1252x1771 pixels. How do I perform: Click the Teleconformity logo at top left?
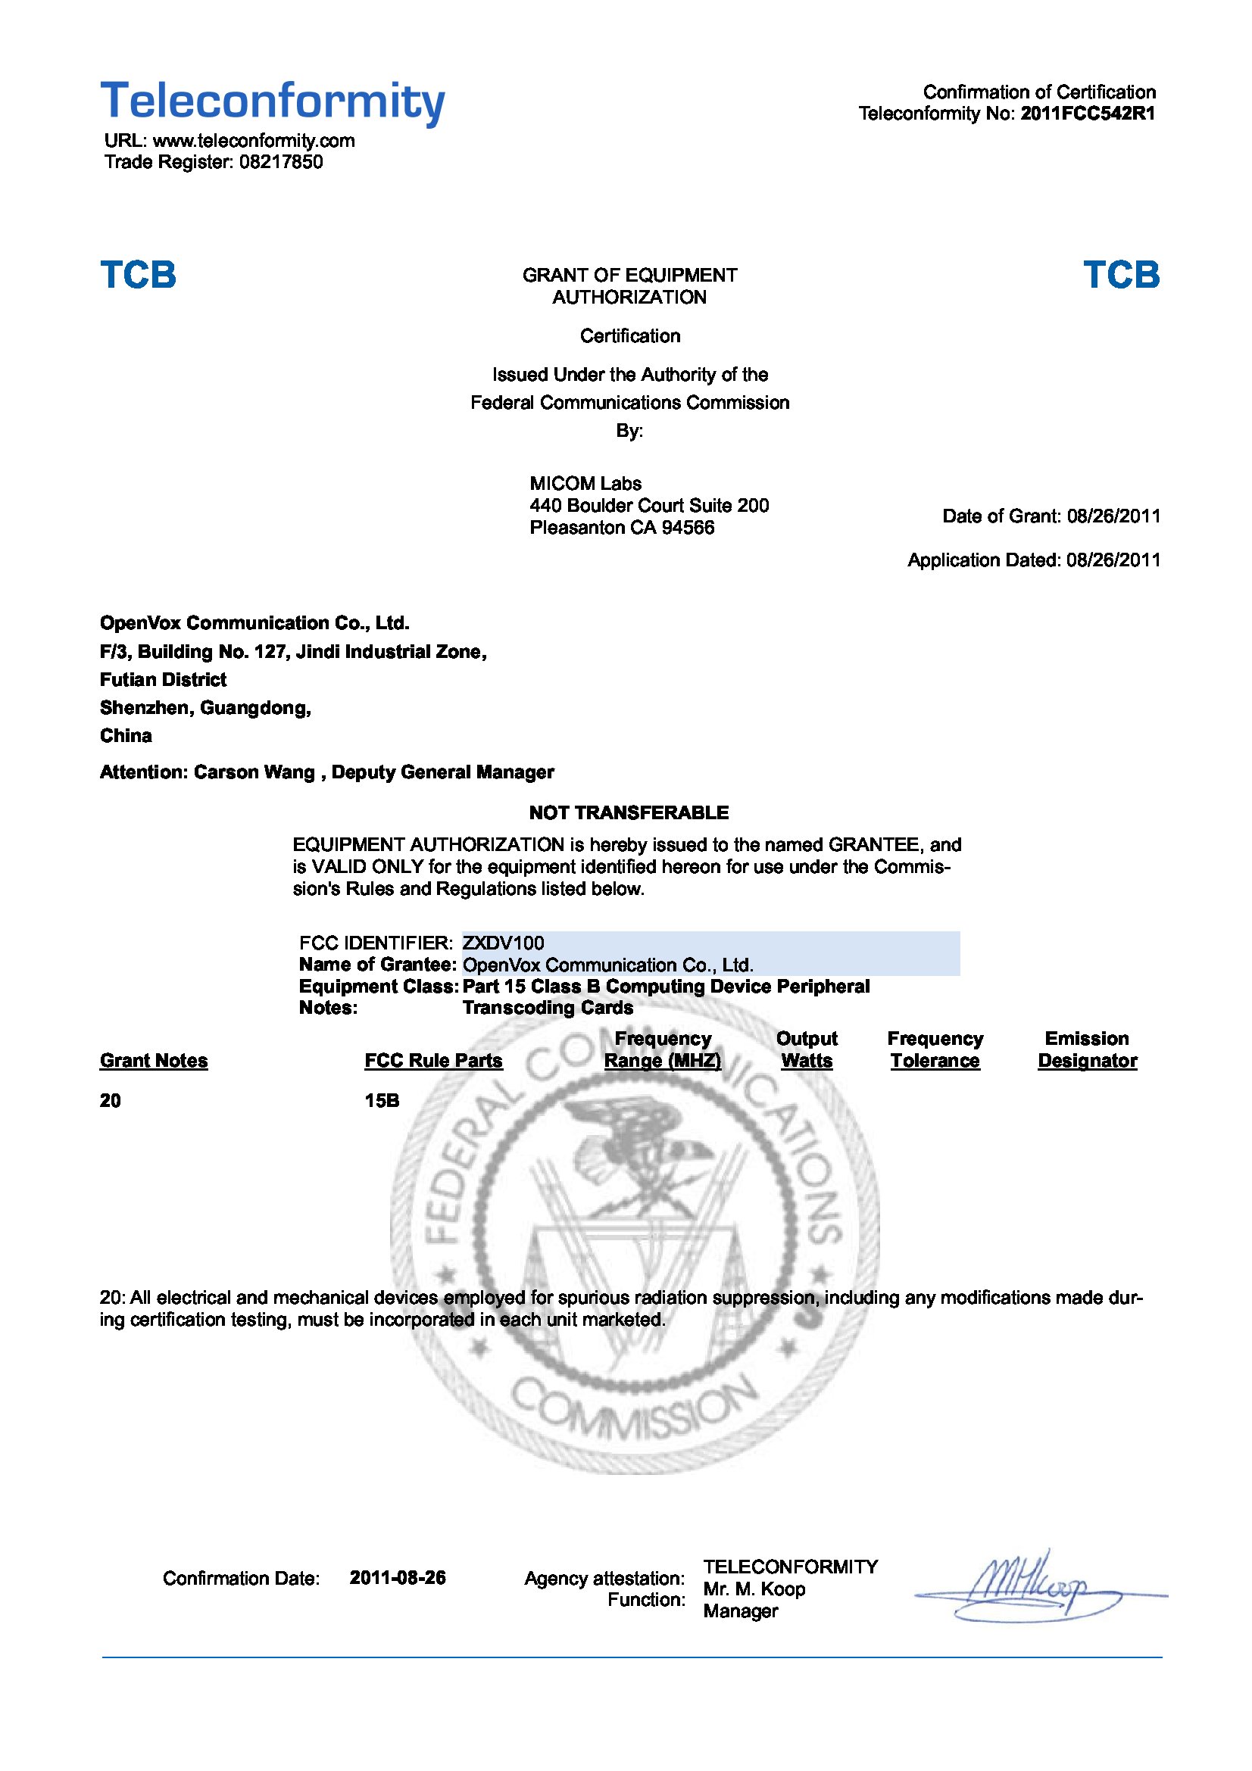[273, 101]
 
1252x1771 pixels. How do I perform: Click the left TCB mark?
[138, 275]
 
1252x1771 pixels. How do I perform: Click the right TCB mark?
[1121, 275]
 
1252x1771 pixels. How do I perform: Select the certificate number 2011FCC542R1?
[1088, 114]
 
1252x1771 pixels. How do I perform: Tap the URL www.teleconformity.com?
[254, 140]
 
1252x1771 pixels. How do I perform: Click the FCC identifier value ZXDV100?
[503, 943]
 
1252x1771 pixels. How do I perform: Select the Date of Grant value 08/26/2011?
[1113, 516]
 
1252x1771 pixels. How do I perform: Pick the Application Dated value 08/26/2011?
[1113, 560]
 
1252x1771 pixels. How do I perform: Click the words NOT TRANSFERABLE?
[629, 812]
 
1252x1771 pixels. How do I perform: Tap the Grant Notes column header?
[154, 1061]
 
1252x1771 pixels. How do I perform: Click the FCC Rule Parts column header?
[433, 1061]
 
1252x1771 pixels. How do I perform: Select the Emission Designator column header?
[1087, 1049]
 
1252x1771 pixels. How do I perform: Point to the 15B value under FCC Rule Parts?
[382, 1101]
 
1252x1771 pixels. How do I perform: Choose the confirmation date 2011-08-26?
[398, 1577]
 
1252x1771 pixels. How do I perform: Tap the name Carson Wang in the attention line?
[254, 772]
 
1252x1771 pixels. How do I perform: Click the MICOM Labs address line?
[649, 505]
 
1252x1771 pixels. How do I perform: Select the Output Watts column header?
[806, 1049]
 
